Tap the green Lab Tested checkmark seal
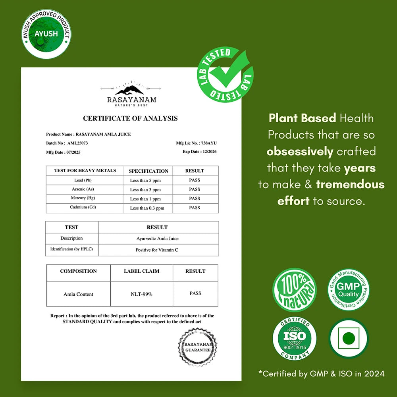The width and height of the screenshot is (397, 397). (x=225, y=75)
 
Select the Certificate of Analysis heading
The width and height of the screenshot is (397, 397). (x=130, y=118)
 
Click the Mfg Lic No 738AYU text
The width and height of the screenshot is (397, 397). (x=197, y=143)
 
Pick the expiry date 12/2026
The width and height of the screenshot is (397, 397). (x=200, y=152)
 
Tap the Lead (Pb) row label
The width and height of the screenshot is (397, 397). (x=84, y=180)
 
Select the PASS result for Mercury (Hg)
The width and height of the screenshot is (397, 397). (x=195, y=198)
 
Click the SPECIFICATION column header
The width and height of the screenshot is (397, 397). (x=148, y=171)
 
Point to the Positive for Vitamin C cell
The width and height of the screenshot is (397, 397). (x=157, y=250)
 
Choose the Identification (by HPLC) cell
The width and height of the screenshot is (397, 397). (x=71, y=249)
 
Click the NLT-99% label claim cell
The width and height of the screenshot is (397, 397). (x=141, y=294)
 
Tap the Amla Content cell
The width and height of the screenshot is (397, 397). (x=78, y=294)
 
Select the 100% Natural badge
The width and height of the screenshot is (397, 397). (x=294, y=290)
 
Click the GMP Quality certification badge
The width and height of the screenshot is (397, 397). (x=348, y=290)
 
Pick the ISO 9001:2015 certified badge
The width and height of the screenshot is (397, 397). (x=294, y=339)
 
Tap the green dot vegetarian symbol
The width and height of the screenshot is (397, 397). (x=348, y=338)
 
